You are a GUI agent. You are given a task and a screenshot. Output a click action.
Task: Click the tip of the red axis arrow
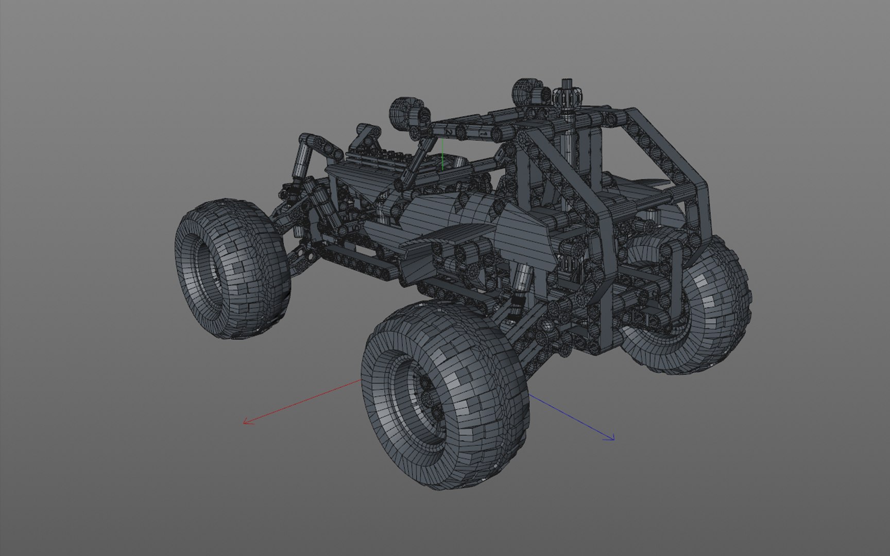pyautogui.click(x=244, y=423)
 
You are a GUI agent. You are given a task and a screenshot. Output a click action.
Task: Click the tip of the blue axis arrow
pyautogui.click(x=613, y=439)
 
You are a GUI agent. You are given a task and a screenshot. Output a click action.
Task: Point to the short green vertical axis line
pyautogui.click(x=442, y=155)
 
